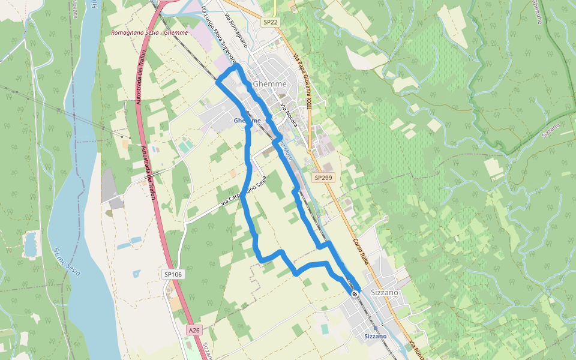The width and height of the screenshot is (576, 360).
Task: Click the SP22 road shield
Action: point(270,22)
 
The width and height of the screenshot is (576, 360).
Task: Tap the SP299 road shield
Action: point(323,178)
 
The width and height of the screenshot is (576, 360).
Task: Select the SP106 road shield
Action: point(173,274)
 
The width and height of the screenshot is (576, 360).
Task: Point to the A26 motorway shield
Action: point(193,331)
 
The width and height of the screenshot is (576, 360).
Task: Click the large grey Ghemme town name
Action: point(270,84)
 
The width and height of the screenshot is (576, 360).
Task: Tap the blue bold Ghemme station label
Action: point(247,121)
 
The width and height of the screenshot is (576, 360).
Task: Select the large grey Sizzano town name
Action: point(385,292)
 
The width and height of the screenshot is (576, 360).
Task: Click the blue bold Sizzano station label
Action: point(376,337)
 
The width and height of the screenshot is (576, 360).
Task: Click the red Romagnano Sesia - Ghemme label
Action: point(149,33)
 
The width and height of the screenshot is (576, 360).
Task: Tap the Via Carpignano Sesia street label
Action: point(242,191)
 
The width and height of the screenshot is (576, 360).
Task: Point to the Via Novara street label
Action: point(289,115)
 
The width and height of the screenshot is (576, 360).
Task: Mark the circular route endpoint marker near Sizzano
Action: point(355,293)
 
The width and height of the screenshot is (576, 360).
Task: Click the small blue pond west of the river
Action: point(30,244)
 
